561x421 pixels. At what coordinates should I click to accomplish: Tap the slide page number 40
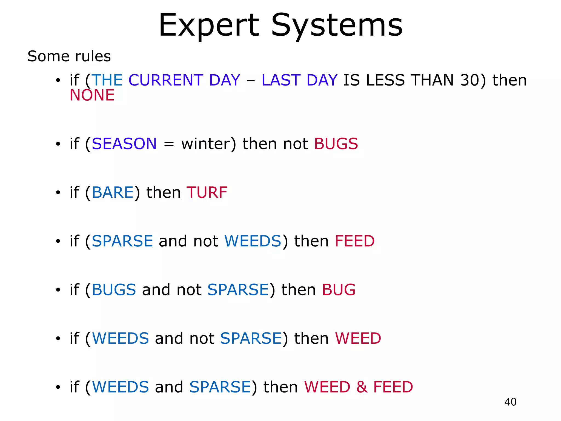coord(510,402)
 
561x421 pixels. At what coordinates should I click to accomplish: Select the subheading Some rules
coord(69,56)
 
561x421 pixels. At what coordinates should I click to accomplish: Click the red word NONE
coord(92,95)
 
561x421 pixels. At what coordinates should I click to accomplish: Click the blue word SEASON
coord(124,144)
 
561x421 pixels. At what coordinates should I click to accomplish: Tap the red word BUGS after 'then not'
coord(336,144)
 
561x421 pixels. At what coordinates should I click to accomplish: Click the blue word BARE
coord(113,192)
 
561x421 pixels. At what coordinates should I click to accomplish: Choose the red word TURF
coord(207,192)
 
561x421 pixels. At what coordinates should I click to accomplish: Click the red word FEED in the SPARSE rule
coord(354,241)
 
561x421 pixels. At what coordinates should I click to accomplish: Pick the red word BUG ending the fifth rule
coord(339,290)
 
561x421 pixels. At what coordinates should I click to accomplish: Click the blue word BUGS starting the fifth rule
coord(114,290)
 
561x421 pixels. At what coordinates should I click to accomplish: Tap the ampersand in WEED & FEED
coord(362,387)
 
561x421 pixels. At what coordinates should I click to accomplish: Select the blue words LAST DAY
coord(299,80)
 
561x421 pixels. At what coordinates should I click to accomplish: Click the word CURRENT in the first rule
coord(166,80)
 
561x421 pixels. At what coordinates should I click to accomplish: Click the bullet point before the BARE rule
coord(58,193)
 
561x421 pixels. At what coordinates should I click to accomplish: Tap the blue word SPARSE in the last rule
coord(220,387)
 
